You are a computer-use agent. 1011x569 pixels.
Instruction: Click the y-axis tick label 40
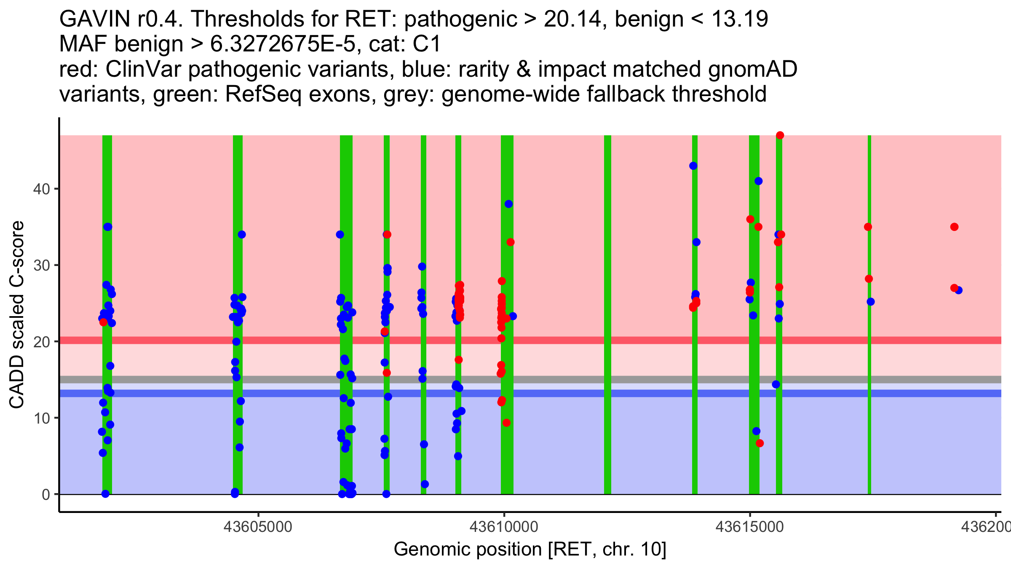41,189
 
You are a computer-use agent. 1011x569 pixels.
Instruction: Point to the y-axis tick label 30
41,266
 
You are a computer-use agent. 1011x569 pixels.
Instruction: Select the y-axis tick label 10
41,418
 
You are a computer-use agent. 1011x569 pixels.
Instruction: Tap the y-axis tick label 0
45,494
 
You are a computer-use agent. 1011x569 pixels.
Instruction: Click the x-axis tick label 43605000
258,526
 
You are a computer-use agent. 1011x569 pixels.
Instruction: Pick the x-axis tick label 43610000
504,526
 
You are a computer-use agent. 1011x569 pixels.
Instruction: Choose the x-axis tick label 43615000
750,526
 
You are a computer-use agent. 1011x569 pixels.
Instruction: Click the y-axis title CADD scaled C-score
17,315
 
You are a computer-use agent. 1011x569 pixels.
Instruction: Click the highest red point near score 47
780,135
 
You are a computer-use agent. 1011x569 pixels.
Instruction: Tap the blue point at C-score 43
693,166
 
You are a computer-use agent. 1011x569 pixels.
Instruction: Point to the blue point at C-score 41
758,181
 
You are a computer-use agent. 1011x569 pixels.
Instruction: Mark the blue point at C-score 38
508,204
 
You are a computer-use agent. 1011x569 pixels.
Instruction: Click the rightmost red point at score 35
954,227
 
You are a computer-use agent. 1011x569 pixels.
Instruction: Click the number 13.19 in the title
739,19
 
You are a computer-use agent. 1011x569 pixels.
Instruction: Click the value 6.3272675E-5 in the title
283,44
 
